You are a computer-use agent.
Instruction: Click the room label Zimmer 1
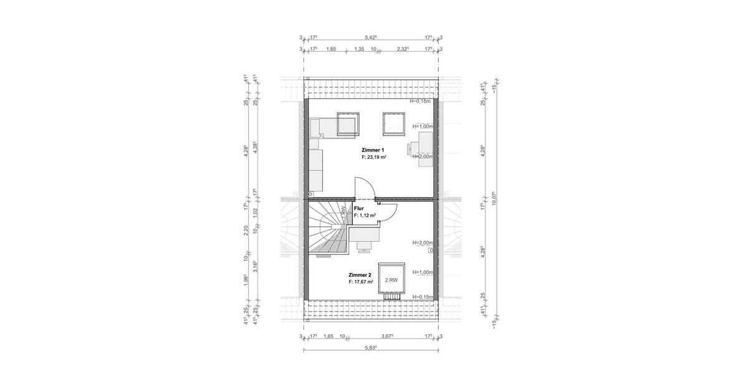(372, 150)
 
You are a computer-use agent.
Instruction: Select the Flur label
(358, 208)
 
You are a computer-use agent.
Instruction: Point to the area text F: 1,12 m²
(365, 215)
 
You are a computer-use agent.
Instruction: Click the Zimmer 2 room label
(360, 274)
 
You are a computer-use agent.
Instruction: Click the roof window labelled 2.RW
(391, 280)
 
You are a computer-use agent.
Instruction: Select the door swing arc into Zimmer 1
(363, 187)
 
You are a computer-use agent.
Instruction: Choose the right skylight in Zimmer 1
(393, 123)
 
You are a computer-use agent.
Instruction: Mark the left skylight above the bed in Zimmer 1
(348, 123)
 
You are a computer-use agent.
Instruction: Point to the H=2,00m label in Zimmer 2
(423, 242)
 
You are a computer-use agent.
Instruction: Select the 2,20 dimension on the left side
(247, 231)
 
